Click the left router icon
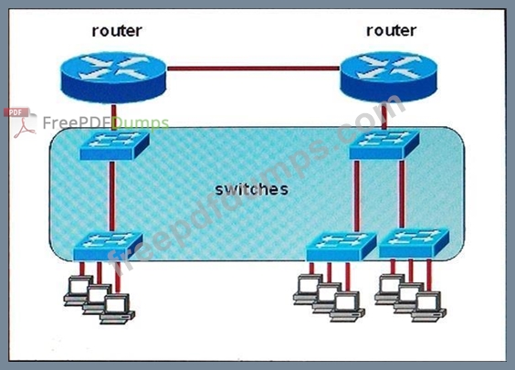click(x=113, y=78)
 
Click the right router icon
click(x=389, y=77)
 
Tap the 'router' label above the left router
click(x=117, y=31)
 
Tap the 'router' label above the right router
click(x=391, y=30)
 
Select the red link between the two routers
click(x=253, y=69)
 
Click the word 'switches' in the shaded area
click(x=252, y=190)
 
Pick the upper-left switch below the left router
click(x=115, y=145)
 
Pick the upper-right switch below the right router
click(x=384, y=145)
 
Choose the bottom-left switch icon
click(x=108, y=247)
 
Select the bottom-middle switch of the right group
click(x=342, y=247)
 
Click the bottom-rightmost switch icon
click(x=415, y=244)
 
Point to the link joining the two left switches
click(x=112, y=196)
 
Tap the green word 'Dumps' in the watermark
click(x=141, y=123)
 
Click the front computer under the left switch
click(x=117, y=309)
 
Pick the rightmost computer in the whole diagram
click(x=428, y=306)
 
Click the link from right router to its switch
click(x=384, y=116)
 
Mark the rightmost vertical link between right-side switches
click(x=402, y=195)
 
